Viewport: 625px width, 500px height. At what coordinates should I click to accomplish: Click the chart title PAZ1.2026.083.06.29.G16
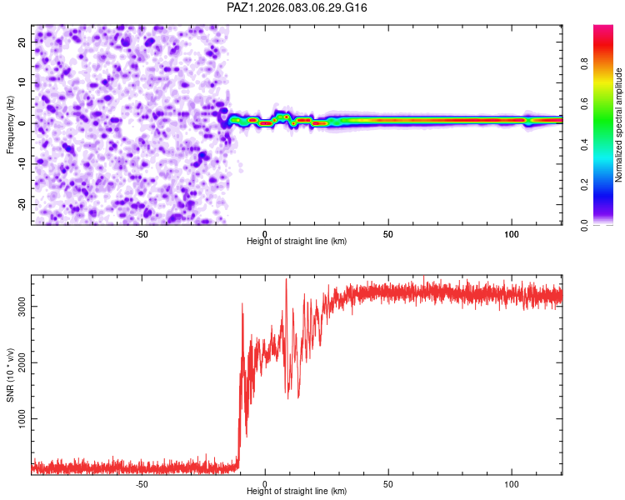point(297,7)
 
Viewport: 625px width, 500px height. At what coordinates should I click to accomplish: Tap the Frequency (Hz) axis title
point(10,124)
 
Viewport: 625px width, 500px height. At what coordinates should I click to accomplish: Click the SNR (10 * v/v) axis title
point(10,375)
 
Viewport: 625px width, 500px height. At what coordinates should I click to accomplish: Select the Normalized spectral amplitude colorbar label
point(619,125)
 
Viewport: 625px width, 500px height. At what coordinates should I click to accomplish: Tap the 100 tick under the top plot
point(512,233)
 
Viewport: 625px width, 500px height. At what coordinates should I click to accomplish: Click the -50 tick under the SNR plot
point(141,483)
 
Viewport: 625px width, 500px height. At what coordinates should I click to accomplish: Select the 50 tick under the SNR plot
point(388,483)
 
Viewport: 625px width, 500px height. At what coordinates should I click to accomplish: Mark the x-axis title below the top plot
point(297,242)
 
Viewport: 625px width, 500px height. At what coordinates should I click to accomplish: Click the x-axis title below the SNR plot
point(297,492)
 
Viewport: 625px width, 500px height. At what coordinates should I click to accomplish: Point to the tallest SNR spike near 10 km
point(287,280)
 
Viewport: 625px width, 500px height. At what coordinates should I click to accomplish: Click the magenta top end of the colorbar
point(603,28)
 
